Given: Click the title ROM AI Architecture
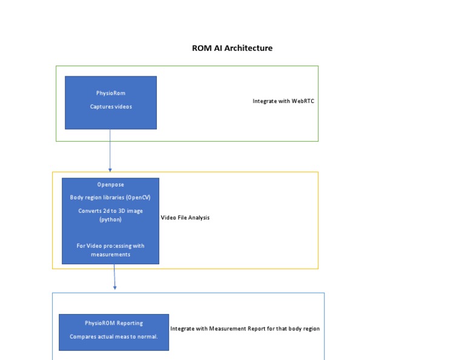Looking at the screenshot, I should click(232, 48).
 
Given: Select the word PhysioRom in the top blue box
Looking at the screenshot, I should click(111, 93).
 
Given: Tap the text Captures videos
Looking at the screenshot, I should click(111, 107).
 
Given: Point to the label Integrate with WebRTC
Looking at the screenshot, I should click(283, 101).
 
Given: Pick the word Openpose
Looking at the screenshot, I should click(110, 184).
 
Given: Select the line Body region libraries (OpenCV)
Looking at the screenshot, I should click(110, 198).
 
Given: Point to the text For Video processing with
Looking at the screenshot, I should click(110, 245).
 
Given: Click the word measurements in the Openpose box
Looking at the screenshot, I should click(110, 255).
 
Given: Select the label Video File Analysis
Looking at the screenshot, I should click(185, 218).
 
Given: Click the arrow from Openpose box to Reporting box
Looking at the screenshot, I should click(114, 278).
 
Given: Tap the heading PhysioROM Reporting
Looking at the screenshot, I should click(114, 323).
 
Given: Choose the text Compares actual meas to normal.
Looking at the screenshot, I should click(114, 336).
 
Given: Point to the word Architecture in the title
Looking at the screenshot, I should click(249, 48).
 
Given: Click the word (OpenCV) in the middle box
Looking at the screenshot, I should click(140, 198).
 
